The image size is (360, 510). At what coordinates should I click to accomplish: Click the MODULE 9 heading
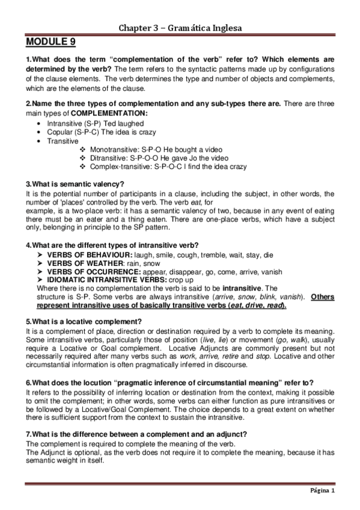pos(50,43)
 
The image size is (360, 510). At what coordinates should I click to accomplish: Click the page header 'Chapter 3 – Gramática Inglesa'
pos(179,28)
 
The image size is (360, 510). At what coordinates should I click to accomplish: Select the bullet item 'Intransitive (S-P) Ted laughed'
pos(92,122)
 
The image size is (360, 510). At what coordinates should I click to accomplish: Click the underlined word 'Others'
pos(323,296)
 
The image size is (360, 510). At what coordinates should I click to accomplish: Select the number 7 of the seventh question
pos(28,434)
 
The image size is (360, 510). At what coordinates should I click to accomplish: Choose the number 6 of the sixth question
pos(28,382)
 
